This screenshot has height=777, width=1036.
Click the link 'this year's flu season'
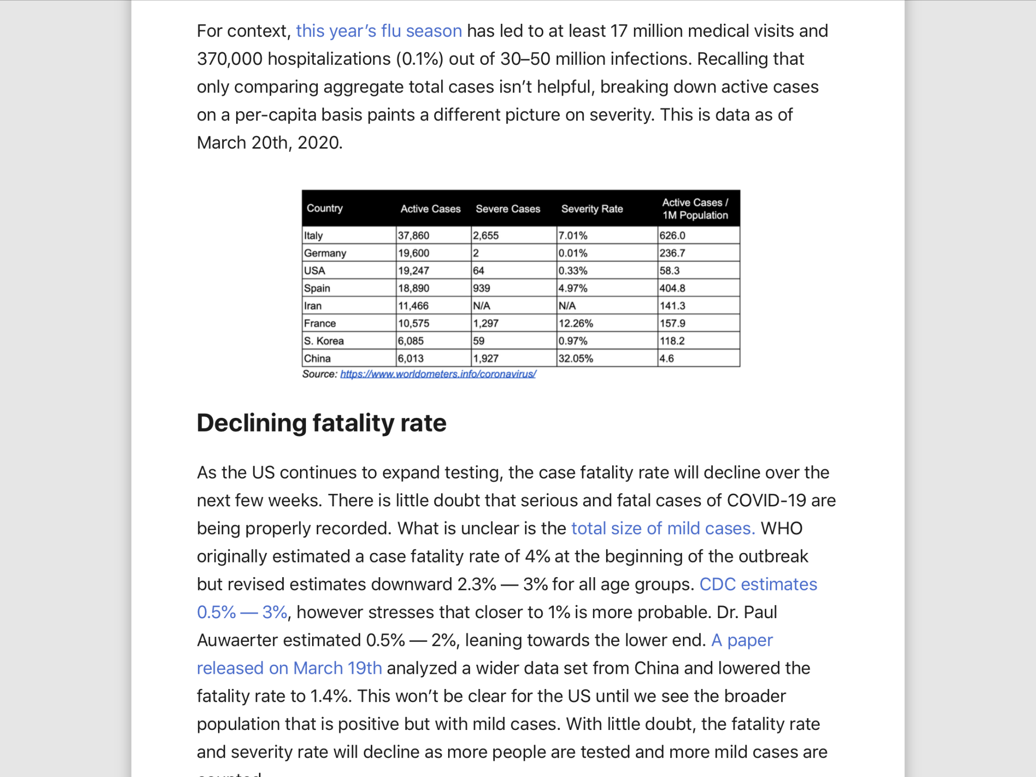379,31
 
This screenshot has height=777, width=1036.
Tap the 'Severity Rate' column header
592,209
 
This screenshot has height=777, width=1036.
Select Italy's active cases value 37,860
413,236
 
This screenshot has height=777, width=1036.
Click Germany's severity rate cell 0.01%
573,253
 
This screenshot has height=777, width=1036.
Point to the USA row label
315,271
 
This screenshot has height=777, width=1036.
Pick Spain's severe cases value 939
482,288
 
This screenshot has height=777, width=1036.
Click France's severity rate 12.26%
576,323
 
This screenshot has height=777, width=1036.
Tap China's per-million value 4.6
667,359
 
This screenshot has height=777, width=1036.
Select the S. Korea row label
324,341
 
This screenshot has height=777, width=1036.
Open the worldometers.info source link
438,374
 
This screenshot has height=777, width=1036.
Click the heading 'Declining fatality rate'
322,423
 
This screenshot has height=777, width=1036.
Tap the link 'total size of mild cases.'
663,528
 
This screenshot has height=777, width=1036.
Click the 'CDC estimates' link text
758,584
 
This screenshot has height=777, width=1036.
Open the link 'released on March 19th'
289,668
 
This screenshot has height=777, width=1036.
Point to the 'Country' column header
325,208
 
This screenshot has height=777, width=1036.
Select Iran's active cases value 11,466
413,306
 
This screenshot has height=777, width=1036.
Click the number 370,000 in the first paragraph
230,59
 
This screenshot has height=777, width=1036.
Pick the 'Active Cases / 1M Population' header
695,209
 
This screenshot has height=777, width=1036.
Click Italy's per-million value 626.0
672,236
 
